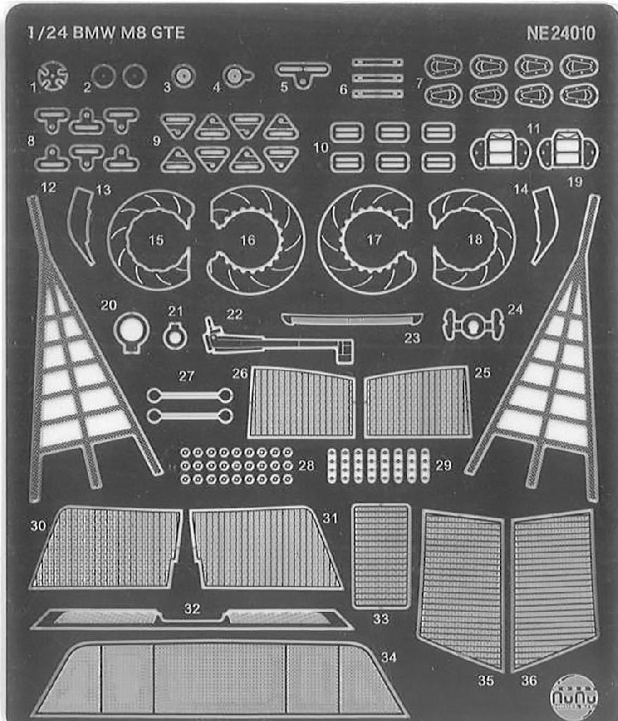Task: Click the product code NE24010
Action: pos(560,34)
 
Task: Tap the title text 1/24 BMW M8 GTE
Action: pos(106,33)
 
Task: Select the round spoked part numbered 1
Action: pos(53,76)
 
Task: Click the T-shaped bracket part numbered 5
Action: pos(303,72)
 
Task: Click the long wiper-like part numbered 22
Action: pos(275,341)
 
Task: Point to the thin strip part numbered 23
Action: pos(352,319)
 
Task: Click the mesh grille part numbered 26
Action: pos(303,403)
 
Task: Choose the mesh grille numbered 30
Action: pos(106,546)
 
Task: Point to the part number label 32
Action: pos(192,609)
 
